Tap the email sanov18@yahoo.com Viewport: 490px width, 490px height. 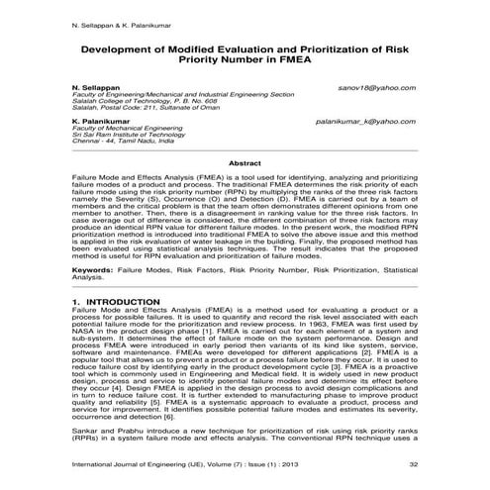[x=376, y=88]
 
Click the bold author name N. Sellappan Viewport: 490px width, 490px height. [x=98, y=88]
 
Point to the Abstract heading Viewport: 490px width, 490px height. [x=245, y=162]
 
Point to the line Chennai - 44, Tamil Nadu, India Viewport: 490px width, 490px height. [x=123, y=142]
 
